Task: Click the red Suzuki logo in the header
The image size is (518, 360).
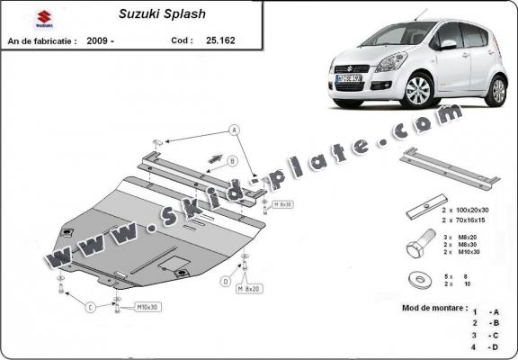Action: [43, 17]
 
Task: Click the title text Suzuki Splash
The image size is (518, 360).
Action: [154, 14]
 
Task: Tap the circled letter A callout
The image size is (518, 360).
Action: [236, 130]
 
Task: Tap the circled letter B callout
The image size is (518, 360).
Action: [232, 161]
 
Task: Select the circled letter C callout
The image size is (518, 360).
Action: [91, 308]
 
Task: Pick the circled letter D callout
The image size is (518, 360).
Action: [226, 281]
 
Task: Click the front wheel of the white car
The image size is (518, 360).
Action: [417, 92]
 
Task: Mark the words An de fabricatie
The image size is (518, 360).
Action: [41, 40]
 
